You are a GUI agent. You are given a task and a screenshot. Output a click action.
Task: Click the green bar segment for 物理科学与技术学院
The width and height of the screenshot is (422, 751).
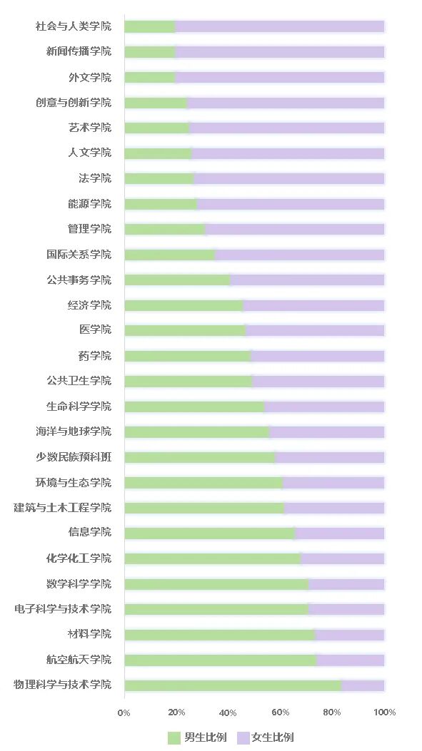(x=232, y=685)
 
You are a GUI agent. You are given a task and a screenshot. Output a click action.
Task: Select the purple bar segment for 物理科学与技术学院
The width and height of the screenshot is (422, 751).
(x=363, y=685)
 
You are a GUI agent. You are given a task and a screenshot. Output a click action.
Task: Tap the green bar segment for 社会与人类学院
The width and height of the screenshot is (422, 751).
(x=149, y=26)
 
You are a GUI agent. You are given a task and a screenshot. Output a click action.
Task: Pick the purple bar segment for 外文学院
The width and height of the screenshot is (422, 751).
(x=279, y=77)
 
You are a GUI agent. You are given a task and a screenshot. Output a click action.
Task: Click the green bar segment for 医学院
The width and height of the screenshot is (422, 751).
(x=185, y=330)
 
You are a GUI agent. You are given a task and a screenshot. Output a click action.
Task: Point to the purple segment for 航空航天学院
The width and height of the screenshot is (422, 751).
(x=350, y=660)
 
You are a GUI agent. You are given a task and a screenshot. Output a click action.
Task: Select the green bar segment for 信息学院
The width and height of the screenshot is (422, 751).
(x=209, y=533)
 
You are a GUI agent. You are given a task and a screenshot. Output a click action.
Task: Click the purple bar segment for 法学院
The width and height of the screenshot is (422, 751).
(x=289, y=178)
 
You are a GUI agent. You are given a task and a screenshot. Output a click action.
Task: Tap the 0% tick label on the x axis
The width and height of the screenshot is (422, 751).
(x=124, y=712)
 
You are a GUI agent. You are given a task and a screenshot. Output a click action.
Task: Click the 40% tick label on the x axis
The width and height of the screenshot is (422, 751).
(x=228, y=712)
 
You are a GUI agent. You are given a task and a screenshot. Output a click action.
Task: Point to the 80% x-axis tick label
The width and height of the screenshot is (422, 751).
(x=332, y=712)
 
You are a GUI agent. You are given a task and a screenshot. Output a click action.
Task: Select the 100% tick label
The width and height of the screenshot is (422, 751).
(x=384, y=712)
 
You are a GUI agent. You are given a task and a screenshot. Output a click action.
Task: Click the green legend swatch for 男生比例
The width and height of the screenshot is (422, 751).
(x=174, y=737)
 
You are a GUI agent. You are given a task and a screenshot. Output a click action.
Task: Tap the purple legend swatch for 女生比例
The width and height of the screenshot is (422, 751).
(x=242, y=737)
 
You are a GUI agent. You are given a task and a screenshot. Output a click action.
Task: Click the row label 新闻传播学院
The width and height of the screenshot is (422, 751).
(x=79, y=51)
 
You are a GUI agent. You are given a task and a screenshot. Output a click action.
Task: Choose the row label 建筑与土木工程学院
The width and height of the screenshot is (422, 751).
(x=63, y=508)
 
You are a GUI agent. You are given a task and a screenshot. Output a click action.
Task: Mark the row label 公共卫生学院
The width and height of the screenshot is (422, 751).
(x=79, y=381)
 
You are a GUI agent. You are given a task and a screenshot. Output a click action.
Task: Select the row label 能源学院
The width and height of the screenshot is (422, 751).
(x=89, y=204)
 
